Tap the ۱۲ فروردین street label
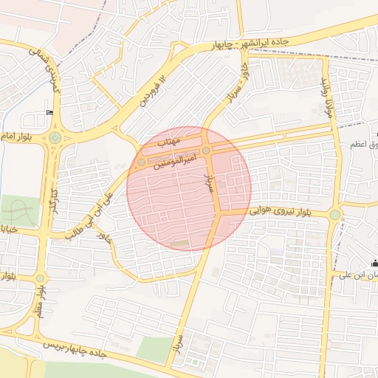pyautogui.click(x=154, y=88)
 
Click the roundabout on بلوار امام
pyautogui.click(x=55, y=138)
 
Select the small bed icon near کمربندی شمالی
pyautogui.click(x=50, y=112)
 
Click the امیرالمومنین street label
pyautogui.click(x=174, y=160)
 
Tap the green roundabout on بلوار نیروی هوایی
pyautogui.click(x=335, y=215)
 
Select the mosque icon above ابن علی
pyautogui.click(x=374, y=264)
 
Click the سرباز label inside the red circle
pyautogui.click(x=208, y=181)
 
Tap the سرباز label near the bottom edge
pyautogui.click(x=177, y=345)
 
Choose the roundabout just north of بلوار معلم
pyautogui.click(x=40, y=278)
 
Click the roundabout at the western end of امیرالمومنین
pyautogui.click(x=141, y=162)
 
